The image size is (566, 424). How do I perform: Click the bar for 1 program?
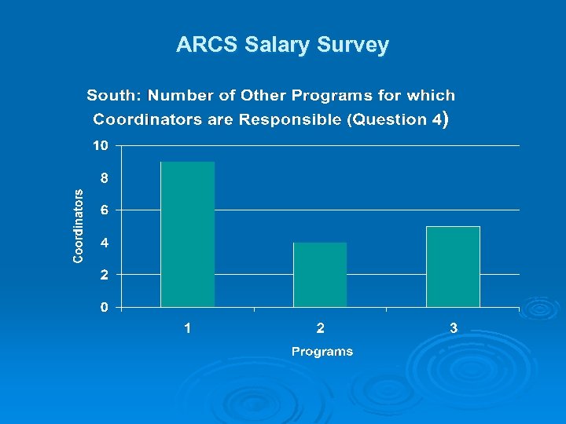tap(187, 234)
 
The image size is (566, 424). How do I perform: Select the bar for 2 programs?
tap(320, 274)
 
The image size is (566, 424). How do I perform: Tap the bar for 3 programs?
tap(453, 266)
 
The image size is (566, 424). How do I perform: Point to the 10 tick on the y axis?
tap(100, 145)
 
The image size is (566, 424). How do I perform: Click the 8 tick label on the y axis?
tap(104, 177)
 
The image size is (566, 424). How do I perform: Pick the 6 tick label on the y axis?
tap(104, 210)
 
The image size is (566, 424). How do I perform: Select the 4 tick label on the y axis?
tap(104, 243)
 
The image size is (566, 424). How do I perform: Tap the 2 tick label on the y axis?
tap(104, 275)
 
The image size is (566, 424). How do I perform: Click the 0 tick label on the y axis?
tap(104, 307)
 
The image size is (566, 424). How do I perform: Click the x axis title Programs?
tap(322, 351)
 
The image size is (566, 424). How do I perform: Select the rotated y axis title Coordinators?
tap(79, 225)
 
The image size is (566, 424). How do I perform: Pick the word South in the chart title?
tap(113, 96)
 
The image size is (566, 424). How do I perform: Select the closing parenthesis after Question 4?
tap(446, 120)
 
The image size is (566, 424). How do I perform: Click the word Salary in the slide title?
tap(276, 46)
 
